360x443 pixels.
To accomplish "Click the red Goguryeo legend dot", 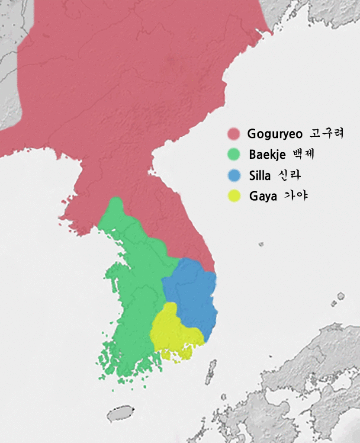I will point(234,134).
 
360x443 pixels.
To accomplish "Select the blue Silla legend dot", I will point(234,176).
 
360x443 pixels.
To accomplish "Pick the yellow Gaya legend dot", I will point(234,196).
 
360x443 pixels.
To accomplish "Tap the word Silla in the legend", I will point(260,176).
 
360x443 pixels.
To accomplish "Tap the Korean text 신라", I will point(288,175).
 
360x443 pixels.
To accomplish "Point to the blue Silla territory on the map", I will point(193,294).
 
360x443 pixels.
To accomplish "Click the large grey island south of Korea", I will point(120,414).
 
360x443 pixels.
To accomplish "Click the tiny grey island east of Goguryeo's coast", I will point(261,244).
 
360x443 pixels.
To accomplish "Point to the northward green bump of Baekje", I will point(116,205).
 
